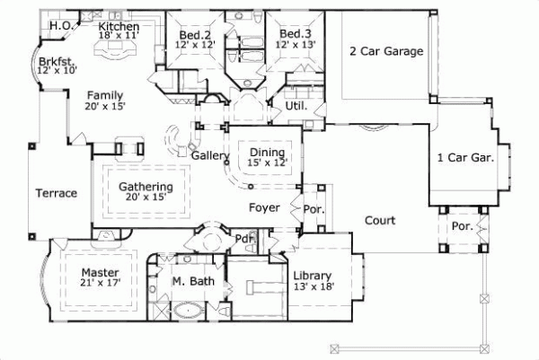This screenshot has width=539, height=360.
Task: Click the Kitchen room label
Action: tap(119, 27)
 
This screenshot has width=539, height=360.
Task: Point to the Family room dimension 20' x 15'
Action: tap(105, 106)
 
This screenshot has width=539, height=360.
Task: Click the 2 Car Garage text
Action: tap(385, 52)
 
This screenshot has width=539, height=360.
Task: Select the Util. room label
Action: tap(296, 105)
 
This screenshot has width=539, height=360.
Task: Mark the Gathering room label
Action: tap(146, 187)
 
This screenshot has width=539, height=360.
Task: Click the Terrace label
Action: tap(56, 193)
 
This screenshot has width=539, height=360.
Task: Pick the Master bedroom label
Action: tap(100, 272)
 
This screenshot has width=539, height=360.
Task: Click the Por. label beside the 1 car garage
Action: tap(463, 226)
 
